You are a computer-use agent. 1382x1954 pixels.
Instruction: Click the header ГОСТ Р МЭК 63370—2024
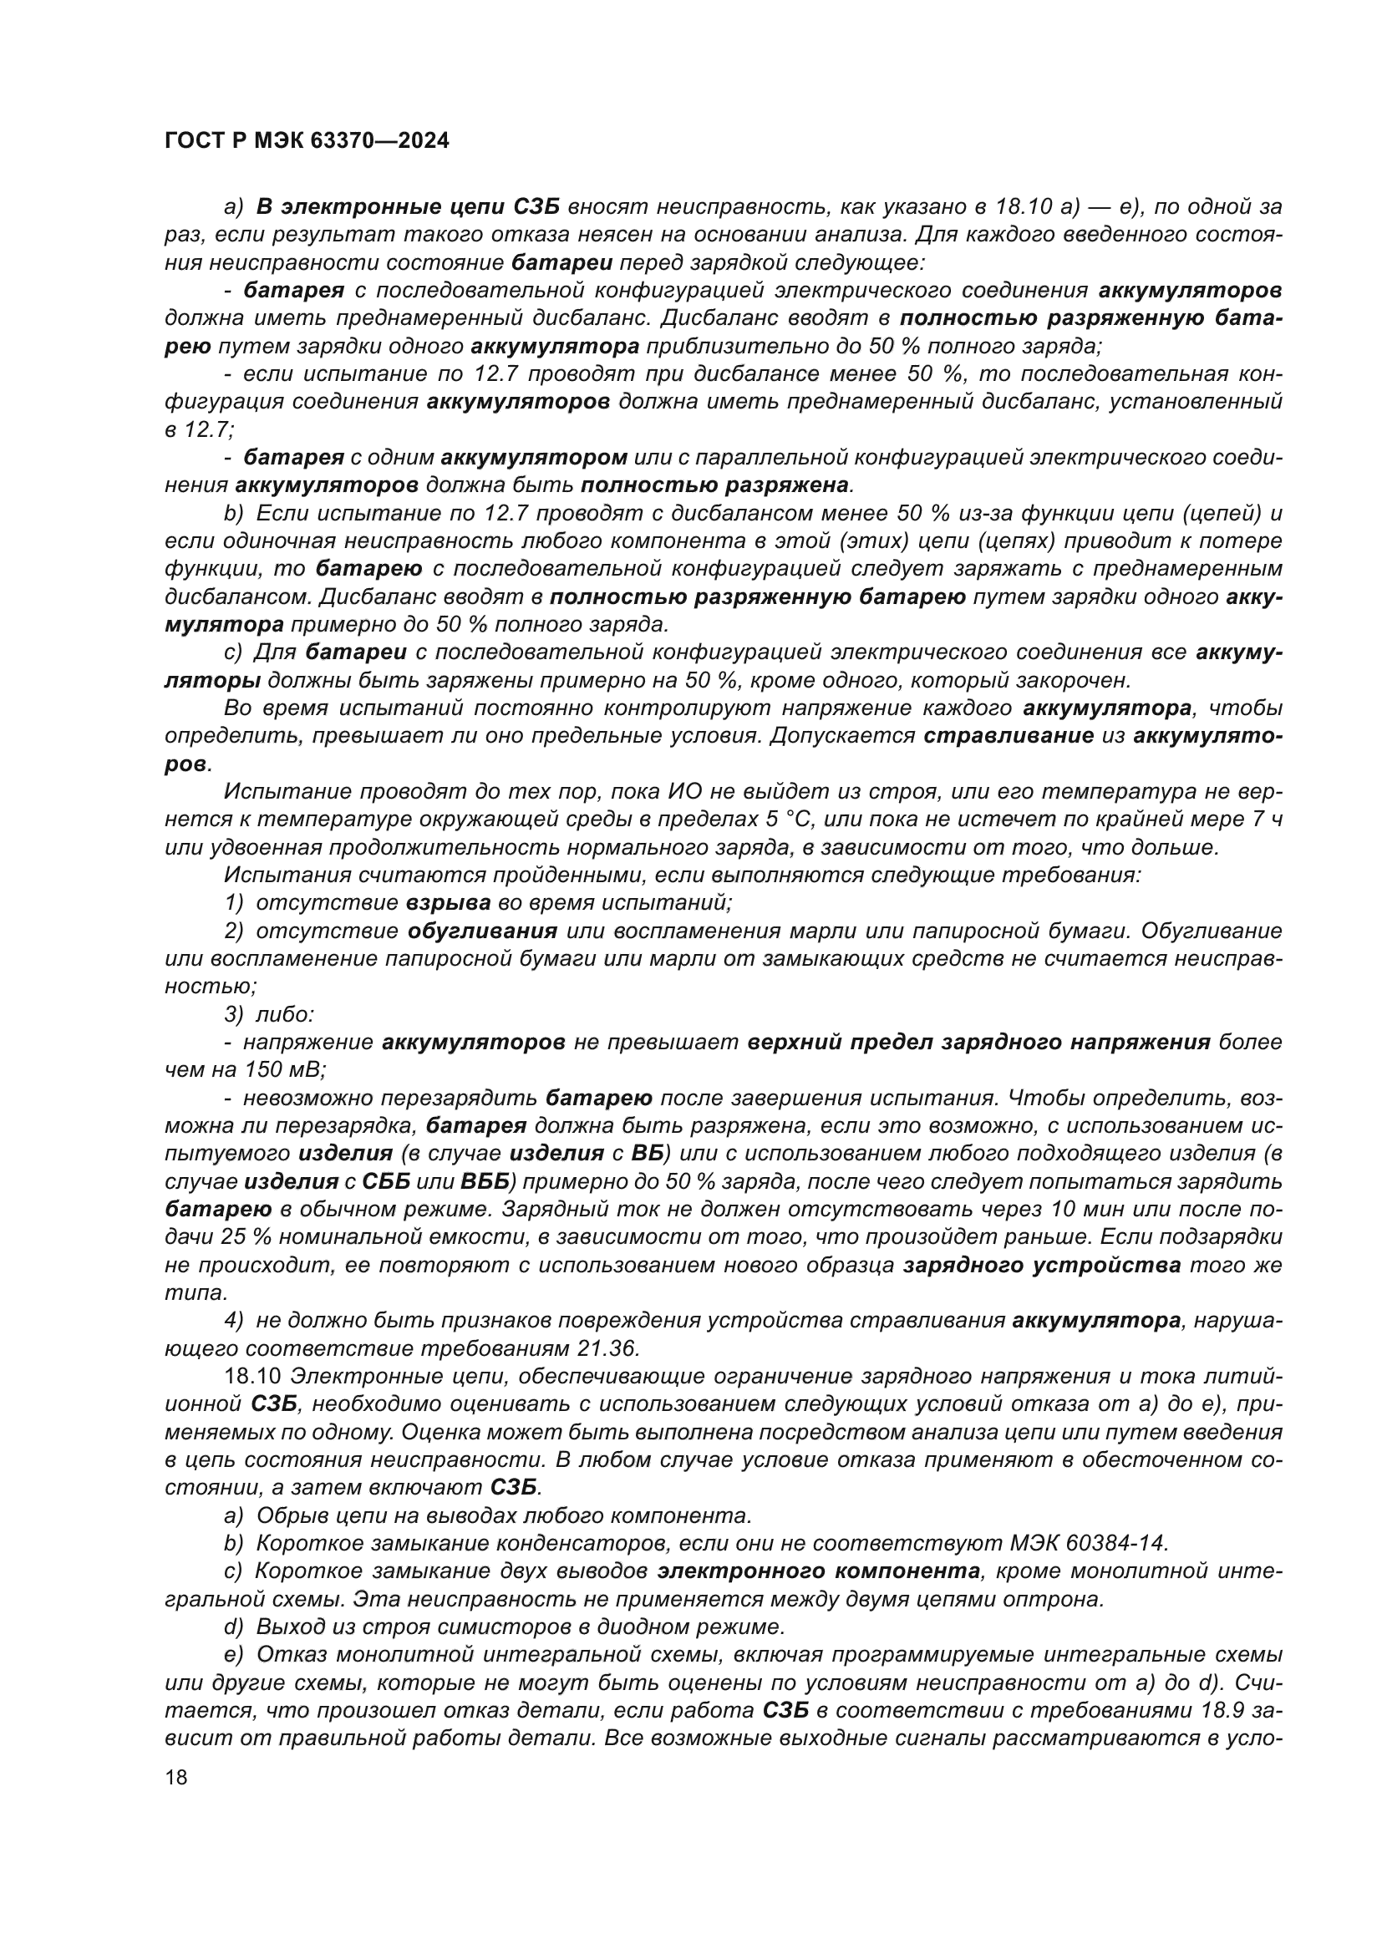point(307,141)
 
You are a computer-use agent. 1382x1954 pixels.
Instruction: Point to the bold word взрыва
point(449,903)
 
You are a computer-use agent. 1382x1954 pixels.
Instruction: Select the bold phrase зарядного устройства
point(1042,1265)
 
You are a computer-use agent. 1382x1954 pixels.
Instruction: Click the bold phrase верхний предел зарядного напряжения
point(978,1042)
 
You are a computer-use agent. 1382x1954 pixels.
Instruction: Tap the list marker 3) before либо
point(234,1014)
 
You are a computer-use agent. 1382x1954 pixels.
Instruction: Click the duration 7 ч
point(1261,820)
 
